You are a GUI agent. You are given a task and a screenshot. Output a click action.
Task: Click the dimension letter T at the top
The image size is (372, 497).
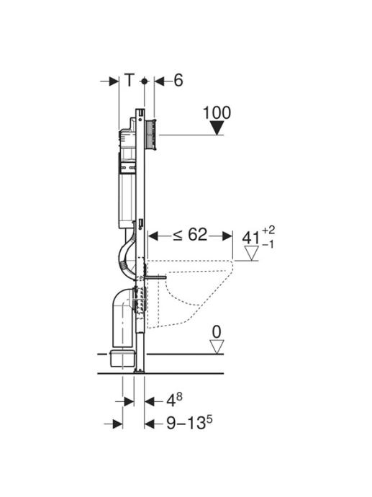click(130, 80)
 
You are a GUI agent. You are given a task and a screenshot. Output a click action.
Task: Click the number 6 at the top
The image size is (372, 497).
click(178, 80)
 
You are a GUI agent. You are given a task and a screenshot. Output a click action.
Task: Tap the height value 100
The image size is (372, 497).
click(217, 113)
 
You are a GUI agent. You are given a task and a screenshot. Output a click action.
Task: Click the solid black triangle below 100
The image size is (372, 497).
click(217, 128)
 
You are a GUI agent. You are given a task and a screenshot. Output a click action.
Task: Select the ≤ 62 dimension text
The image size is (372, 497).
click(190, 236)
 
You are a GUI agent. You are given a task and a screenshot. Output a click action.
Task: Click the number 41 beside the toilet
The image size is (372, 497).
click(250, 238)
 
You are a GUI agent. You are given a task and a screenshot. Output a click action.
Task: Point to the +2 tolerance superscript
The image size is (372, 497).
click(268, 229)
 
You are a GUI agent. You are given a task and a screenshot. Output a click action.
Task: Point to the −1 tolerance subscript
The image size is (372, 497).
click(268, 245)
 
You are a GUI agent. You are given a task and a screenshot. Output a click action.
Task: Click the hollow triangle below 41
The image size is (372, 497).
click(252, 254)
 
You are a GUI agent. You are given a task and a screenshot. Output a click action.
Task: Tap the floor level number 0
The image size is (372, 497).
click(217, 332)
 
